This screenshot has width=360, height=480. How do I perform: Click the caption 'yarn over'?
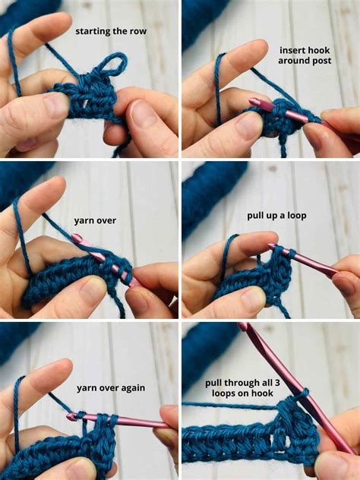tap(94, 221)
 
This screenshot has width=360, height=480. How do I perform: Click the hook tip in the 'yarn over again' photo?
tap(71, 416)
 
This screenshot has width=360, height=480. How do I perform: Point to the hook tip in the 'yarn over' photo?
tap(77, 239)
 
